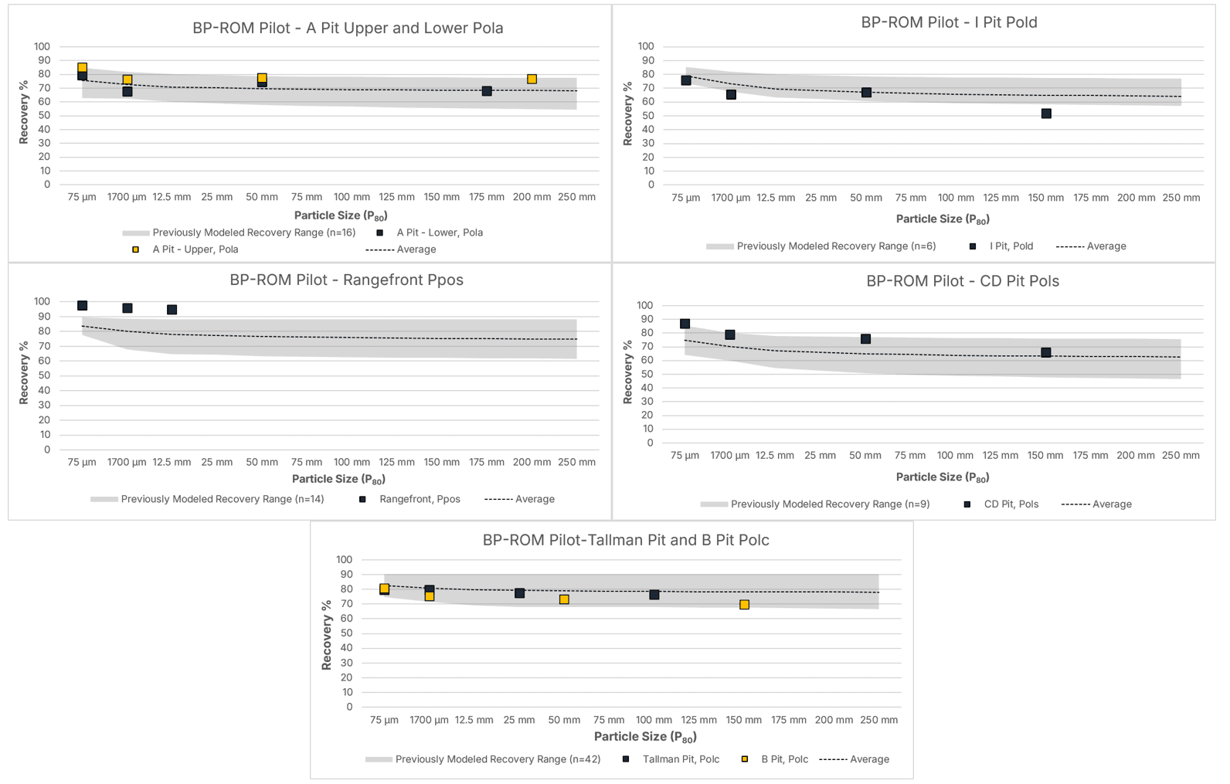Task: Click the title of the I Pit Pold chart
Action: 949,22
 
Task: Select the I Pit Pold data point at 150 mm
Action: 1046,114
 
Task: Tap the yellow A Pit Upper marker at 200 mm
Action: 532,79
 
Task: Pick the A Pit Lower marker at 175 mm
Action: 487,91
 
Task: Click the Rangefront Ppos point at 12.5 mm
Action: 172,310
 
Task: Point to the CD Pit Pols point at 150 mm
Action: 1046,352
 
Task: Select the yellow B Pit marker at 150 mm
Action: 744,605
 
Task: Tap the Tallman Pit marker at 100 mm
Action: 654,595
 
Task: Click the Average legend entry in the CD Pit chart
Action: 1096,504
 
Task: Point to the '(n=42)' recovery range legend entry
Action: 483,759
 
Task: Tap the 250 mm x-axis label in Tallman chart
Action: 878,720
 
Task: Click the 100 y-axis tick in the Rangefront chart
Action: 42,301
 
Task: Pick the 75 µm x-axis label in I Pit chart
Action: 686,198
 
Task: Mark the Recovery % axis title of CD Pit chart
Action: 627,372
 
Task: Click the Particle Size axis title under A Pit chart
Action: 341,216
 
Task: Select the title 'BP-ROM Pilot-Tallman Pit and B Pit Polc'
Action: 626,540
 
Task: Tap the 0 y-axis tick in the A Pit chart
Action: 47,185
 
